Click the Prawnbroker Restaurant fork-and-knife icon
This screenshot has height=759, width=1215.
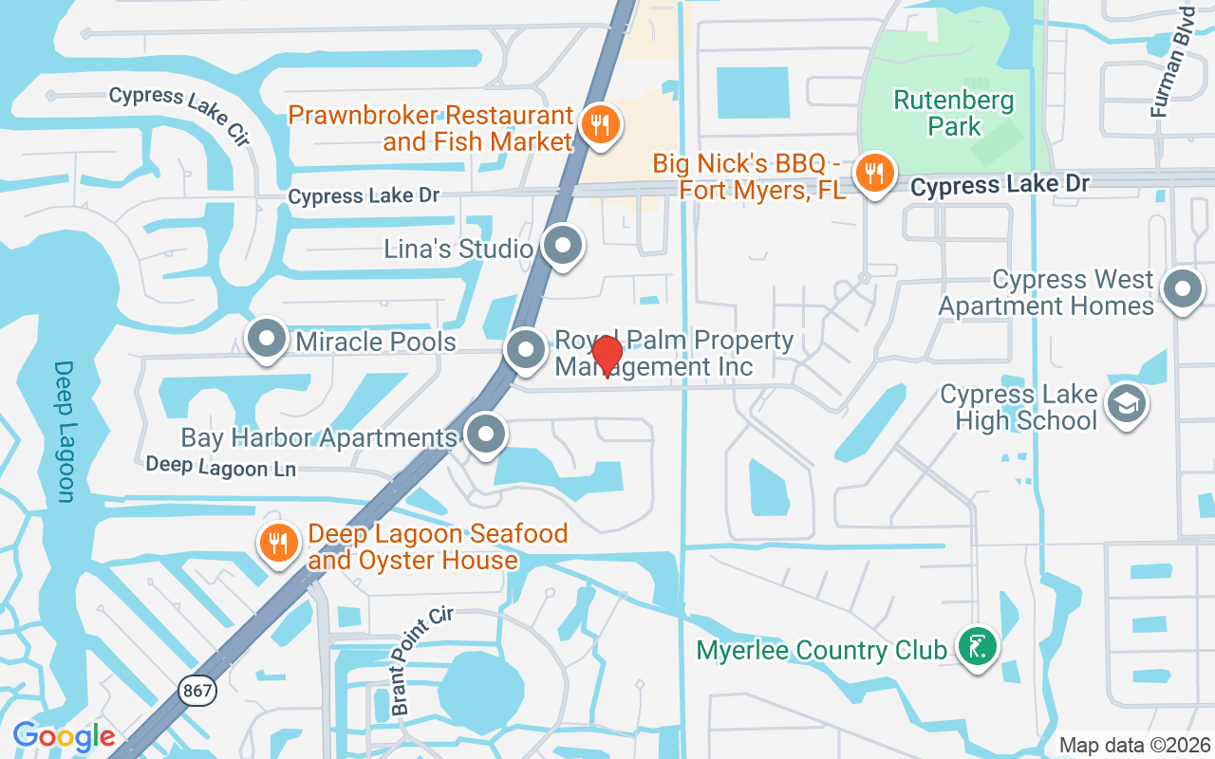pos(600,124)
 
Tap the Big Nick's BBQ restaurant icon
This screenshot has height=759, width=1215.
pos(872,173)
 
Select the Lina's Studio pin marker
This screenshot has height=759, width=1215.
pos(564,245)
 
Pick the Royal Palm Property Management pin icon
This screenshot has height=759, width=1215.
pos(526,349)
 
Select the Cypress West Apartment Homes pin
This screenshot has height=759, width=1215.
pos(1184,288)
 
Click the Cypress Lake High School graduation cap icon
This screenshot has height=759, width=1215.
pos(1127,404)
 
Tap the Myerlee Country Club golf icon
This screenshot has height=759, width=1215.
pos(978,647)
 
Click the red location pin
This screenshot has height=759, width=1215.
pos(607,355)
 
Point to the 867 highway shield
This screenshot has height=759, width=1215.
pos(198,691)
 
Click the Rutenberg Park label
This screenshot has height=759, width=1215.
pos(954,113)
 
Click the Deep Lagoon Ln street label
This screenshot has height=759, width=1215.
pos(220,467)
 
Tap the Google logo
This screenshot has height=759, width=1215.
pos(65,736)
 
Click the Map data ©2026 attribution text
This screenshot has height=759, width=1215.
pos(1134,746)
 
